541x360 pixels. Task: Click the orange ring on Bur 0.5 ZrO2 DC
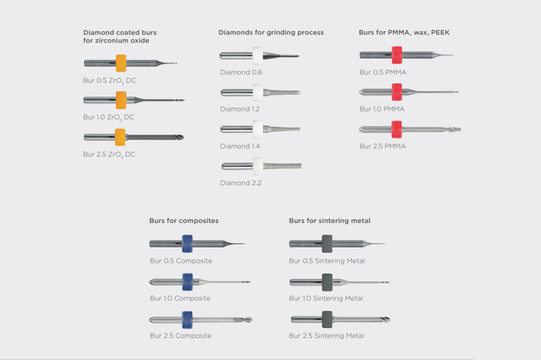pos(121,63)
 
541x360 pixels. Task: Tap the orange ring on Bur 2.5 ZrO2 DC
pos(121,137)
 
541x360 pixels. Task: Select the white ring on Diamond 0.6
pos(258,55)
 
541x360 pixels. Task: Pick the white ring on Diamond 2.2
pos(258,165)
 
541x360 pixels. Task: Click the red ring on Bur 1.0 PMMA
pos(397,92)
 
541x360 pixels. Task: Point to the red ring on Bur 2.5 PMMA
pos(397,129)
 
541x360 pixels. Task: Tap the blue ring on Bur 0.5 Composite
pos(187,244)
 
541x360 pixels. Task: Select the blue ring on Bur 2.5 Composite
pos(187,319)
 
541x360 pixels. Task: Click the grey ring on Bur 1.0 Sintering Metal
pos(327,282)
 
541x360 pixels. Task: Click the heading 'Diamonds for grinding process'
pos(271,32)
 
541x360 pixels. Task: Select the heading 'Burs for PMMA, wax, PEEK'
pos(404,32)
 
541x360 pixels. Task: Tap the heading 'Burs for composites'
pos(184,221)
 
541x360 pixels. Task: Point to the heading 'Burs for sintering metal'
pos(329,221)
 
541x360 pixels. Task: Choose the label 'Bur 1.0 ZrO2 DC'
pos(109,117)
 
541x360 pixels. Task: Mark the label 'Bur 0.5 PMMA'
pos(383,72)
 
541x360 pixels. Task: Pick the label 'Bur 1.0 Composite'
pos(180,298)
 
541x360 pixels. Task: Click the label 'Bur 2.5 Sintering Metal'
pos(326,336)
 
